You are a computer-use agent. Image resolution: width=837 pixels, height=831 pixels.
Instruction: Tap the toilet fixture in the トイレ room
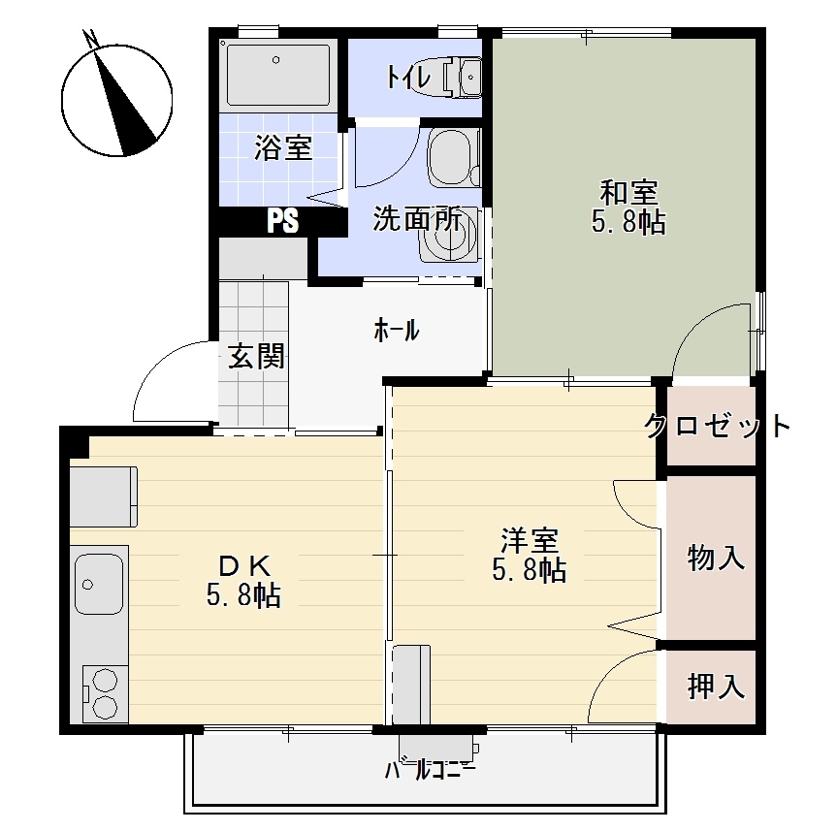(x=463, y=75)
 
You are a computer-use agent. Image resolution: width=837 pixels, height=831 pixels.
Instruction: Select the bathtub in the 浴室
(x=276, y=75)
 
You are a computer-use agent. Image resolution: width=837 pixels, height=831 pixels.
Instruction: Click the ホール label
(x=397, y=331)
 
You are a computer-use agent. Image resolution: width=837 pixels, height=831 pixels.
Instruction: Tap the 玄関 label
(x=257, y=357)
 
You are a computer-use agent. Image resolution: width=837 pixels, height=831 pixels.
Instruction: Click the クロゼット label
(x=718, y=425)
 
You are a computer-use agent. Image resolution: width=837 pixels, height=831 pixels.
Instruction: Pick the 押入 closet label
(x=716, y=687)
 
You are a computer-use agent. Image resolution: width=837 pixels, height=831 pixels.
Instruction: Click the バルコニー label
(x=431, y=772)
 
